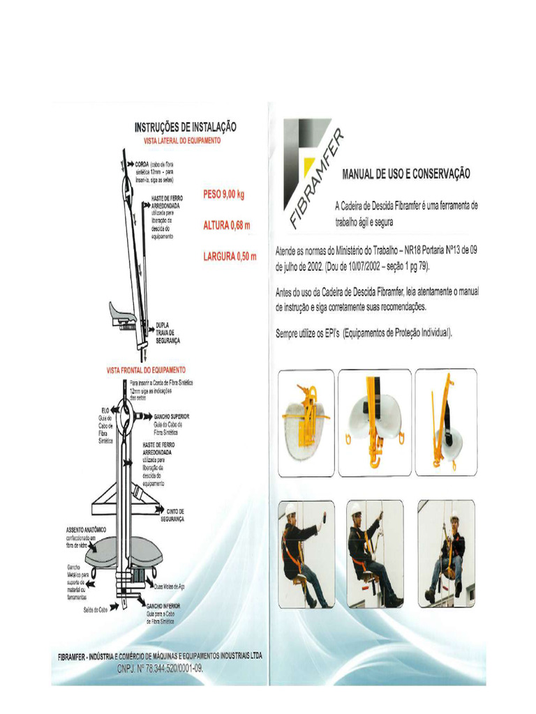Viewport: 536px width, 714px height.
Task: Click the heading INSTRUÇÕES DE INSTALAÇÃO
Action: pos(185,127)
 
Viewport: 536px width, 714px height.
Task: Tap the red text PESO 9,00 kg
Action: pos(224,195)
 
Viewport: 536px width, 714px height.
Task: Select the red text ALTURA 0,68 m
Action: pos(226,225)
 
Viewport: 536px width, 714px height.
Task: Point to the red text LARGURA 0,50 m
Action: pos(230,257)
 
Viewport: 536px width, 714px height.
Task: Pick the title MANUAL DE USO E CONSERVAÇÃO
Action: pos(406,173)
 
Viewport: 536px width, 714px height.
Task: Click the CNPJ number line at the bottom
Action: pos(160,667)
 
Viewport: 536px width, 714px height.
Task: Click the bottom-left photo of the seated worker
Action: pos(306,554)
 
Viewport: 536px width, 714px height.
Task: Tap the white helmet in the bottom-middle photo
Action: pos(357,508)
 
